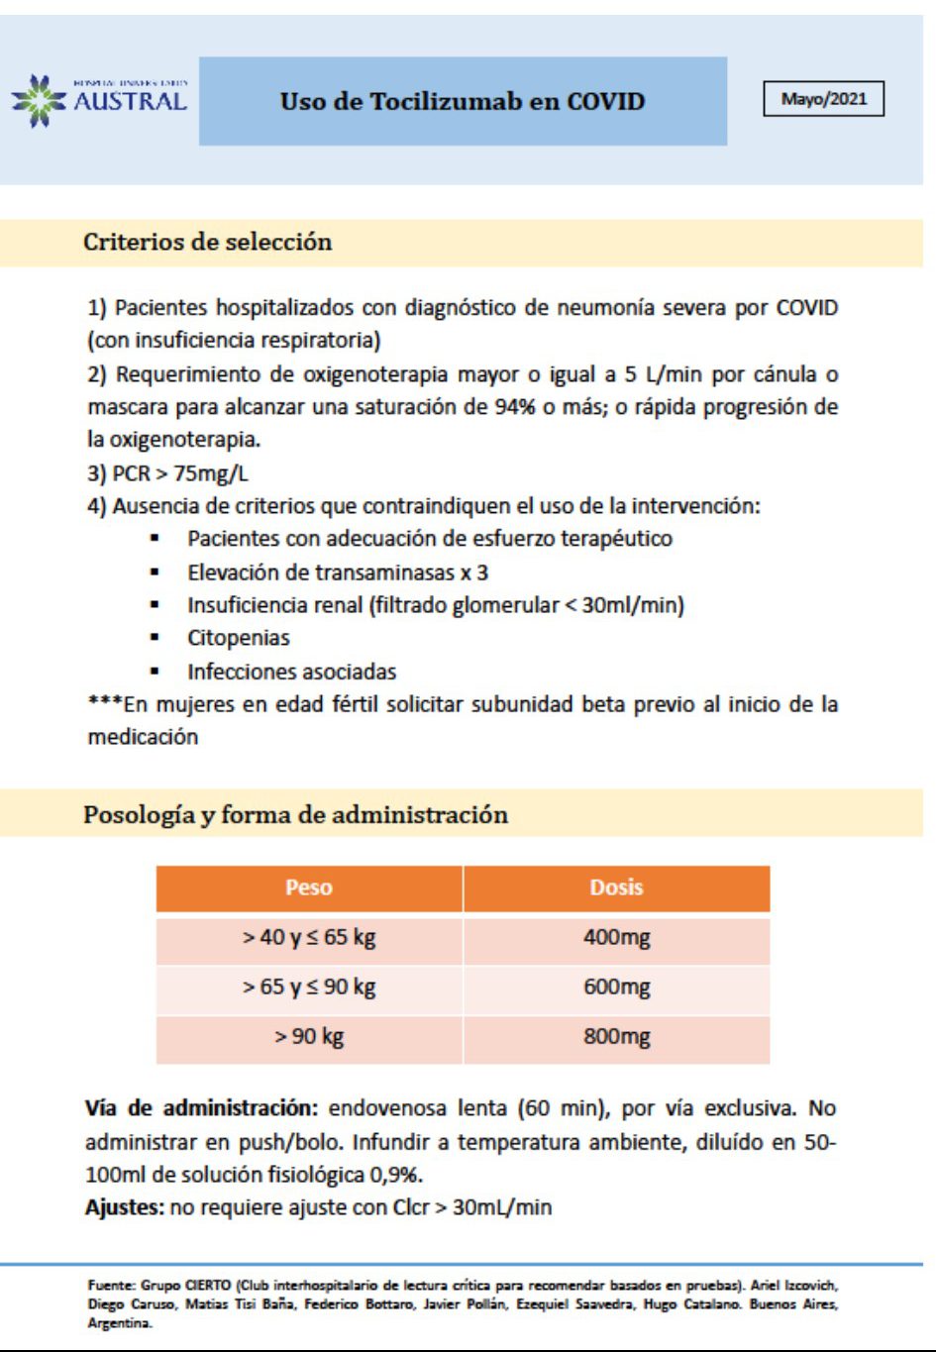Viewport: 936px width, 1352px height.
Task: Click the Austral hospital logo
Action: tap(99, 100)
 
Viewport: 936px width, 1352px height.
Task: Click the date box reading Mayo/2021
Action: tap(823, 99)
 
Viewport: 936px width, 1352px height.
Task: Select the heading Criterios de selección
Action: tap(207, 242)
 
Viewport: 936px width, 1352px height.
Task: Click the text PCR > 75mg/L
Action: tap(167, 473)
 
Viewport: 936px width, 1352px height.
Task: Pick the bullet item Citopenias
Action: tap(239, 638)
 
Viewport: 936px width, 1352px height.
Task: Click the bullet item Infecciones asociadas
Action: tap(291, 672)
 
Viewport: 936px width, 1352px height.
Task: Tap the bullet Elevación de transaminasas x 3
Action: tap(338, 572)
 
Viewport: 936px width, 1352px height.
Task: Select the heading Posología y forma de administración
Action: tap(295, 815)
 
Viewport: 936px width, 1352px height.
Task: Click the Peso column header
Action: tap(309, 887)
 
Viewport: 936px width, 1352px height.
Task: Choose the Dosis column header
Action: tap(616, 887)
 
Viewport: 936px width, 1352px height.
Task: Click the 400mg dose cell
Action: tap(616, 937)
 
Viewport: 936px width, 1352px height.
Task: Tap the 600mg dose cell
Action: tap(616, 987)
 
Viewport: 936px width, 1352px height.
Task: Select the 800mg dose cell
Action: tap(616, 1037)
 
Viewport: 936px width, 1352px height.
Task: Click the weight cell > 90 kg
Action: tap(309, 1037)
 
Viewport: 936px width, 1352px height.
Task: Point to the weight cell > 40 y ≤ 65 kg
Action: tap(309, 937)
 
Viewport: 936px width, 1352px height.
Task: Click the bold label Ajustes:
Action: tap(125, 1207)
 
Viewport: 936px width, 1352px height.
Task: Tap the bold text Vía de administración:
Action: tap(201, 1108)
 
